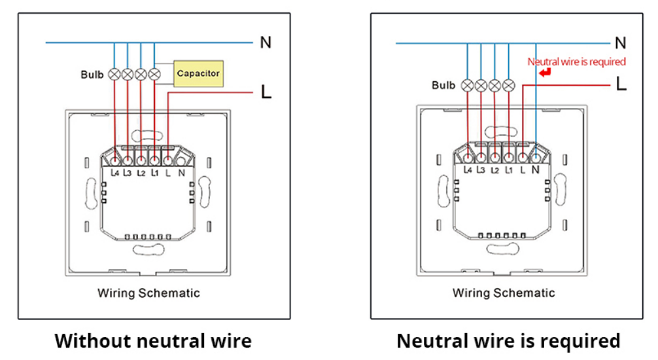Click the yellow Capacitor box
tap(198, 73)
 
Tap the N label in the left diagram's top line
tap(265, 43)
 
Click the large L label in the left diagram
tap(266, 92)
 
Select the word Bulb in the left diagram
tap(92, 75)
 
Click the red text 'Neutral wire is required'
tap(576, 62)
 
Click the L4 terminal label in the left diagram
tap(114, 173)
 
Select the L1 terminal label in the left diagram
tap(154, 173)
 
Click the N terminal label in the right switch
tap(536, 170)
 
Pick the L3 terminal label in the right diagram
tap(481, 170)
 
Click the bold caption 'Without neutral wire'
tap(152, 341)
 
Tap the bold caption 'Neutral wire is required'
tap(508, 341)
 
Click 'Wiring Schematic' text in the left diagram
tap(148, 293)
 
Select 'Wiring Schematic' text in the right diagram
tap(504, 293)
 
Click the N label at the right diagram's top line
tap(620, 43)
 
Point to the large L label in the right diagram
tap(621, 84)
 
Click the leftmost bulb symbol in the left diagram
tap(114, 74)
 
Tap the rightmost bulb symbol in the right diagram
tap(508, 85)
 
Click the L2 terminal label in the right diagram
tap(494, 170)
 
